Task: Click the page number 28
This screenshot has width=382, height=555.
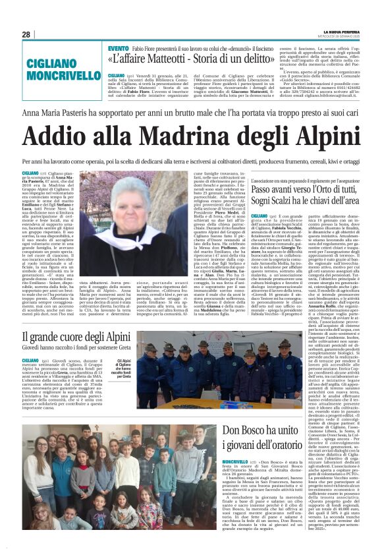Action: pyautogui.click(x=26, y=34)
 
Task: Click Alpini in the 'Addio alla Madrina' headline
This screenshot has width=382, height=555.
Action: pyautogui.click(x=329, y=137)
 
